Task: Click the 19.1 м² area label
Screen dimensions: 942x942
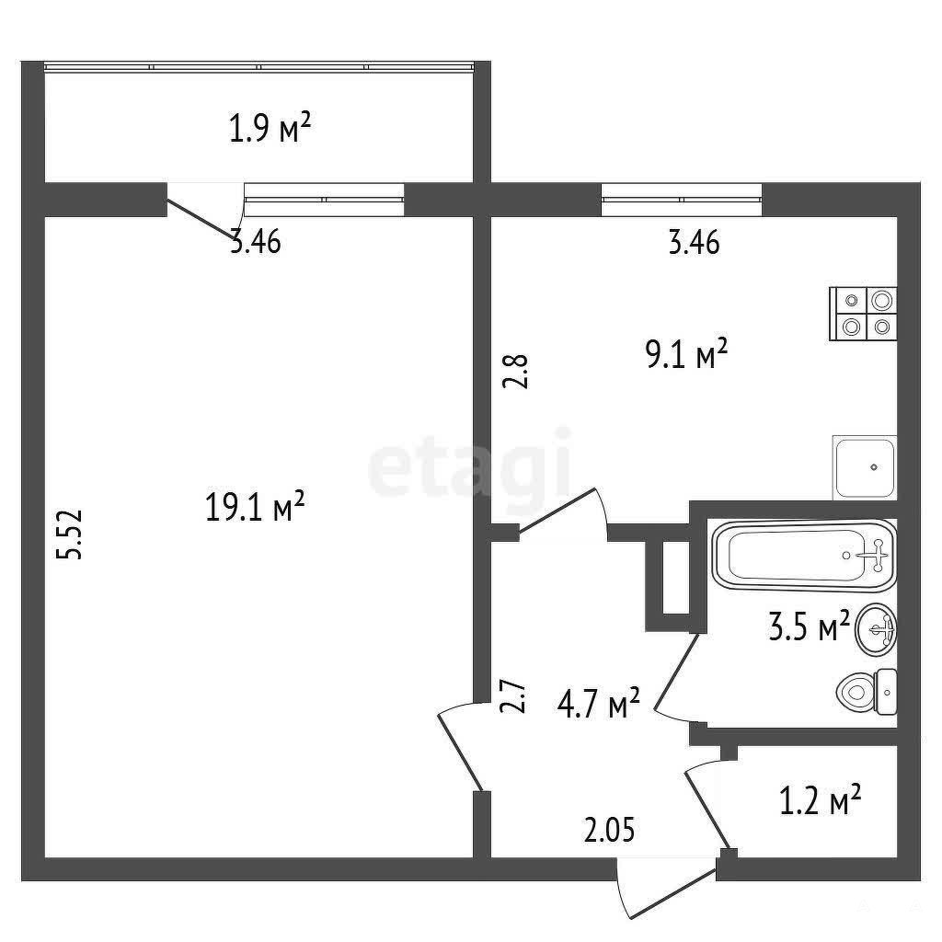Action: click(x=256, y=507)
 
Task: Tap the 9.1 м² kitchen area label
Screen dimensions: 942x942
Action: click(x=686, y=353)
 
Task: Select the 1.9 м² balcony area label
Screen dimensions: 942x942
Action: click(x=270, y=128)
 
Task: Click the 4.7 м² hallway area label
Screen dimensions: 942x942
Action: click(x=599, y=704)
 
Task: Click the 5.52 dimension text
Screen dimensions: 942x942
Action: click(x=70, y=534)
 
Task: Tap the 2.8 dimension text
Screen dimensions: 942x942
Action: click(x=515, y=372)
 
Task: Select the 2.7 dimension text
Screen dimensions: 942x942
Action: click(x=513, y=695)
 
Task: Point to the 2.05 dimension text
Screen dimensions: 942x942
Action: click(x=609, y=832)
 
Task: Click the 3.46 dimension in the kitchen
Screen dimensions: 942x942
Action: click(x=695, y=243)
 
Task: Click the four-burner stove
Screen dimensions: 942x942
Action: click(x=863, y=314)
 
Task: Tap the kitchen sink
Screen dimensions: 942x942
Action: click(x=865, y=467)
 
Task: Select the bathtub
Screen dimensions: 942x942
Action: click(x=804, y=556)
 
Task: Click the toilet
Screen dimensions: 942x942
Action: click(x=867, y=692)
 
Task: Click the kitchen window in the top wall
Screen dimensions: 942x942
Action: click(x=682, y=200)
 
